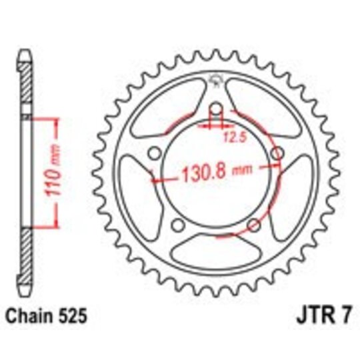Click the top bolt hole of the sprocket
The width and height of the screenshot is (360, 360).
tap(215, 110)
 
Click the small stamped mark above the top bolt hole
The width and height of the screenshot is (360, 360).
tap(215, 80)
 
